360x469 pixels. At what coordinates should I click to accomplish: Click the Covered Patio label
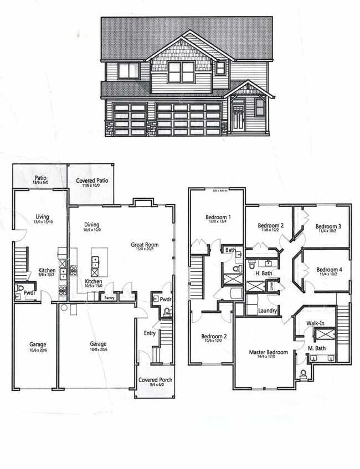coord(92,181)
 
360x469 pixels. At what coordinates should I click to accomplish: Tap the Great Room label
coord(145,244)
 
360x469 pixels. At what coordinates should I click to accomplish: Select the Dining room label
coord(92,224)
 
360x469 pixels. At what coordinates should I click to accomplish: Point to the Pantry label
coord(110,297)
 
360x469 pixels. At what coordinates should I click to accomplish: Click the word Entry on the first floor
coord(150,333)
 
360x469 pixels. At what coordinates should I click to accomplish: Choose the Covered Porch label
coord(155,379)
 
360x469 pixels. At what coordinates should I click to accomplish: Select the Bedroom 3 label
coord(328,226)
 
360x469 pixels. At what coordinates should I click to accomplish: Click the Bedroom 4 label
coord(329,270)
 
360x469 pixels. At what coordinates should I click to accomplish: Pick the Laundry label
coord(267,311)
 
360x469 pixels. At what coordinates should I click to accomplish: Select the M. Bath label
coord(316,348)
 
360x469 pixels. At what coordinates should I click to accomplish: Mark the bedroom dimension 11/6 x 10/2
coord(271,231)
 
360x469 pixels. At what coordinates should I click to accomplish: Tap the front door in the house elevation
coord(238,117)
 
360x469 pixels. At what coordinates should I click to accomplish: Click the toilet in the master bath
coord(303,375)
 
